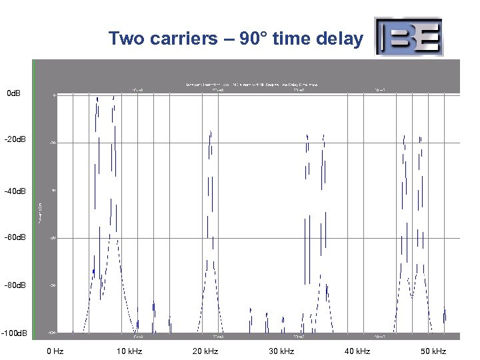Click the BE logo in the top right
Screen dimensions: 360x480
point(408,37)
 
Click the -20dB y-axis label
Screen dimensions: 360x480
point(15,140)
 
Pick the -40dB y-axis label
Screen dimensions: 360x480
point(15,191)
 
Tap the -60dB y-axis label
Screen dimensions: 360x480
point(15,237)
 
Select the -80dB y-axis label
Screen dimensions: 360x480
point(15,285)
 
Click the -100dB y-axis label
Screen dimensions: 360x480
point(15,333)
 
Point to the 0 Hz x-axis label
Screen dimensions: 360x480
point(55,351)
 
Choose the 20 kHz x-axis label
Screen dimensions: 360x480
point(205,351)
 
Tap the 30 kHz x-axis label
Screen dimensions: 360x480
point(281,351)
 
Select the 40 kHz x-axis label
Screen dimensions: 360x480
point(357,351)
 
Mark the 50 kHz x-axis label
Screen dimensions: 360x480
point(433,351)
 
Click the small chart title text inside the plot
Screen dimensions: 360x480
point(252,85)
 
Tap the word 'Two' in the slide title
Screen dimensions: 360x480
point(125,39)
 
